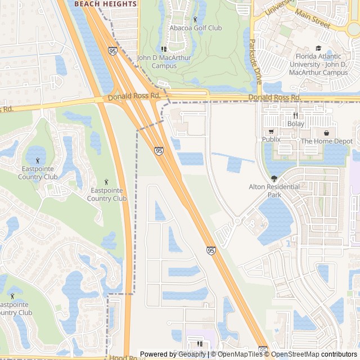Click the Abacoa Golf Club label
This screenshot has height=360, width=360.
coord(195,28)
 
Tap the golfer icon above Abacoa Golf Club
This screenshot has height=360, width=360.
coord(195,20)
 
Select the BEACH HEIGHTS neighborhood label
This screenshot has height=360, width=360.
coord(106,4)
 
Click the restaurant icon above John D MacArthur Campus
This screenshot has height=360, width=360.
coord(164,49)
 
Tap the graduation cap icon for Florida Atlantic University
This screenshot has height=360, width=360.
coord(319,48)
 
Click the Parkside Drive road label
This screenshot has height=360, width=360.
coord(256,62)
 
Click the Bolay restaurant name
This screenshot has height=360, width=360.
coord(295,124)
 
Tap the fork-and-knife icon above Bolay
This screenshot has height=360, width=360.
coord(295,115)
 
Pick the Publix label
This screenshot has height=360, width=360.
coord(271,139)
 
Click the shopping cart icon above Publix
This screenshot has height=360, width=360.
coord(271,130)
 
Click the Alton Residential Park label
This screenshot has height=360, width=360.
coord(274,191)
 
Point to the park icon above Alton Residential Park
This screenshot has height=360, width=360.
coord(274,179)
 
